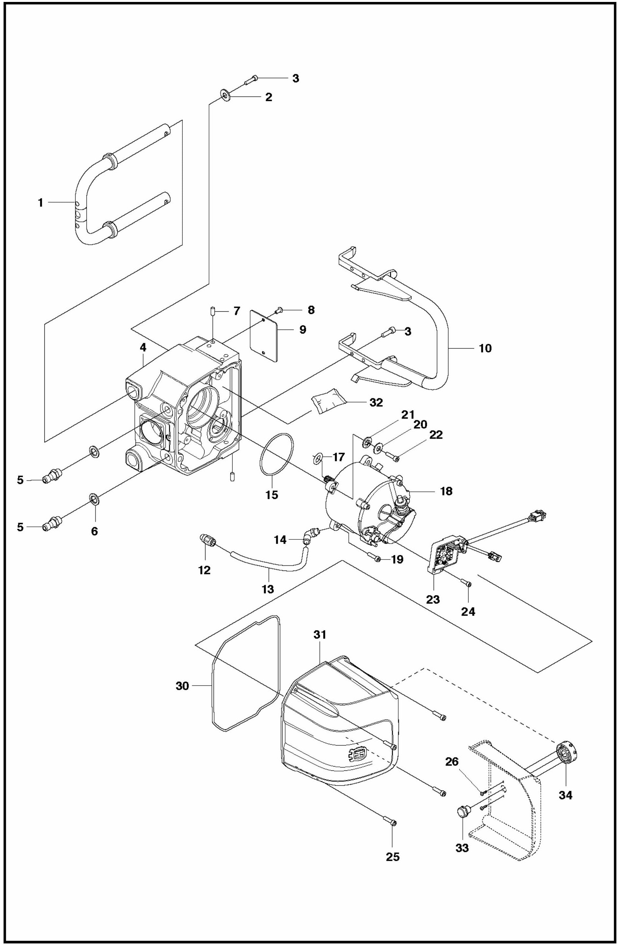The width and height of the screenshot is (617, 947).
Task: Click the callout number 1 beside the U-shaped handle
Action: (x=40, y=202)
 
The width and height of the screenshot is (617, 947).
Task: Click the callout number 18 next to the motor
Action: (x=446, y=491)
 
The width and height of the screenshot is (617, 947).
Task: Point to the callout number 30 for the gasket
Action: (x=182, y=686)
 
